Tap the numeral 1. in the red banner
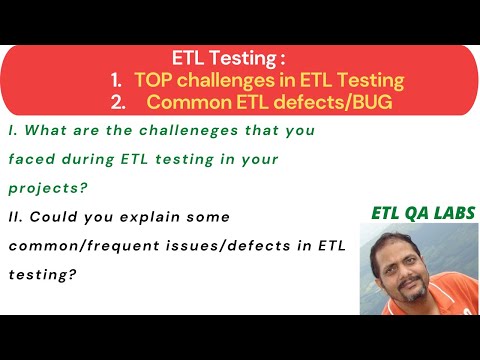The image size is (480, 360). pyautogui.click(x=116, y=78)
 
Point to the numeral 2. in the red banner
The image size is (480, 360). pyautogui.click(x=117, y=101)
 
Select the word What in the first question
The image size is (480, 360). pyautogui.click(x=41, y=129)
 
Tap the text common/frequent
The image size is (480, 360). pyautogui.click(x=78, y=245)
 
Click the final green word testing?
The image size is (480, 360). pyautogui.click(x=39, y=274)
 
